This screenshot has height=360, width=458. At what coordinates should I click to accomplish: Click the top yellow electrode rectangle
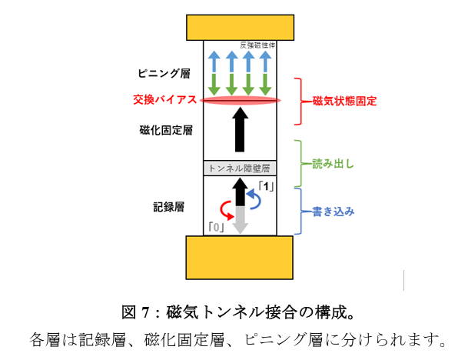[240, 28]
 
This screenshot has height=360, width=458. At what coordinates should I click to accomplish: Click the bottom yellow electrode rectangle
[240, 258]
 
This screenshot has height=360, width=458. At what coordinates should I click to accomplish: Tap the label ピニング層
[164, 73]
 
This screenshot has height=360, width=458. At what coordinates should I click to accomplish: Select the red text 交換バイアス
[165, 100]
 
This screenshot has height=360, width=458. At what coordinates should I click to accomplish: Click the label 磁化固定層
[166, 130]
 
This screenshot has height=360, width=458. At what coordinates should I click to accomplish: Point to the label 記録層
[169, 207]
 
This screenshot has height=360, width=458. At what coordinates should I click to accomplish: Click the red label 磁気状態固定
[345, 101]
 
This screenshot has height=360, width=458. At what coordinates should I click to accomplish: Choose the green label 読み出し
[333, 164]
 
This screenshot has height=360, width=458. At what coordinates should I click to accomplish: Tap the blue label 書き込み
[334, 211]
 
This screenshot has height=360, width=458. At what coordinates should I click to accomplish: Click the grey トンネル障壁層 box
[240, 168]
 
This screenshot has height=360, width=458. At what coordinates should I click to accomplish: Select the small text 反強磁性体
[257, 45]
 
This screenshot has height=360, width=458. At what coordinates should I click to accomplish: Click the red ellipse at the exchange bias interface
[240, 100]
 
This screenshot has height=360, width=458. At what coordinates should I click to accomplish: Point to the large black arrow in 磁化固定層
[240, 129]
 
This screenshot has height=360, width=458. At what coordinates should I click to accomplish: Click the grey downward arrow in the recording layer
[240, 220]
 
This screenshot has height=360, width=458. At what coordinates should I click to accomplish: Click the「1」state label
[266, 186]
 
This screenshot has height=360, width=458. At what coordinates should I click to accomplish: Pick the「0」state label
[217, 227]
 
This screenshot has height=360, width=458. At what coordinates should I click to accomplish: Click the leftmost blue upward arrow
[214, 62]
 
